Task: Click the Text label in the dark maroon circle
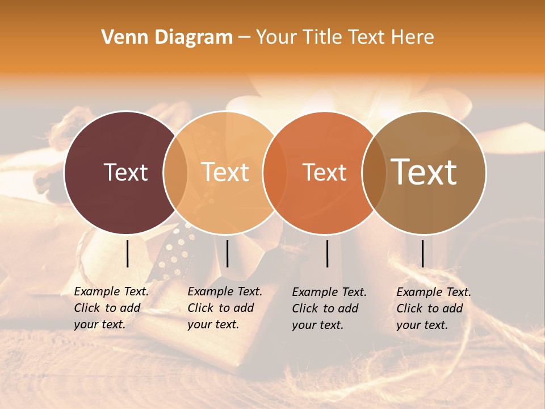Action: [125, 172]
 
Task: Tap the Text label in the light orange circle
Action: [225, 172]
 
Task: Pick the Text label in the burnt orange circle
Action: [324, 172]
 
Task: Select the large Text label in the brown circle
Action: [424, 172]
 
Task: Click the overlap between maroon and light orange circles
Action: [175, 172]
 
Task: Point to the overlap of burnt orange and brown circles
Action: [373, 172]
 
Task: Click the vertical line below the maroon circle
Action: [128, 253]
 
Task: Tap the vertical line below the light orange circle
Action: [227, 253]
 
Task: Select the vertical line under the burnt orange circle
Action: [328, 253]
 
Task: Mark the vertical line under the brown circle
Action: [422, 253]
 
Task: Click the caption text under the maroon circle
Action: [111, 308]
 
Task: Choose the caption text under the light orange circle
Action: [224, 308]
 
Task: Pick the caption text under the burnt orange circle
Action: [329, 308]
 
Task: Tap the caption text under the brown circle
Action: [433, 308]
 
